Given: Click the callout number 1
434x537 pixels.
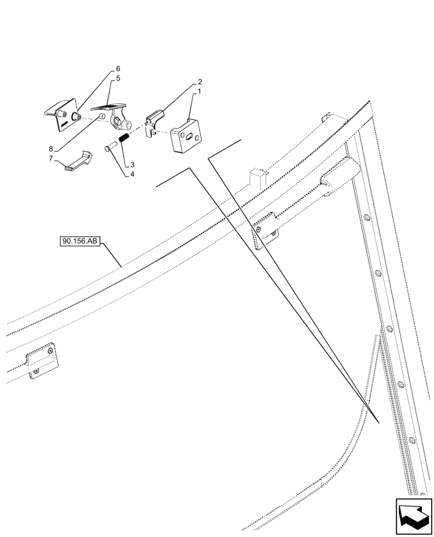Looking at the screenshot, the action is tap(199, 92).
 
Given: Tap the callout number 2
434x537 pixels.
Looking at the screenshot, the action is tap(199, 82).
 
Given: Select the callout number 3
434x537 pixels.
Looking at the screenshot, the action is tap(132, 165).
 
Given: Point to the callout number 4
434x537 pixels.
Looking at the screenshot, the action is tap(132, 174).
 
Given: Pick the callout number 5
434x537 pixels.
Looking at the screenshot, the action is tap(118, 78).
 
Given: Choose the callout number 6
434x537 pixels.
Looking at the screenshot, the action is tap(118, 69).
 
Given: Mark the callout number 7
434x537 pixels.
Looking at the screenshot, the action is tap(51, 158).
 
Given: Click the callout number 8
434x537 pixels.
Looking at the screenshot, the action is tap(51, 149).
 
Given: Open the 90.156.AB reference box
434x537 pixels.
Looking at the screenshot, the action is tap(80, 242).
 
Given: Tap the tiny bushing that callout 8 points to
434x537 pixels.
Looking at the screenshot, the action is tap(101, 117).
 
